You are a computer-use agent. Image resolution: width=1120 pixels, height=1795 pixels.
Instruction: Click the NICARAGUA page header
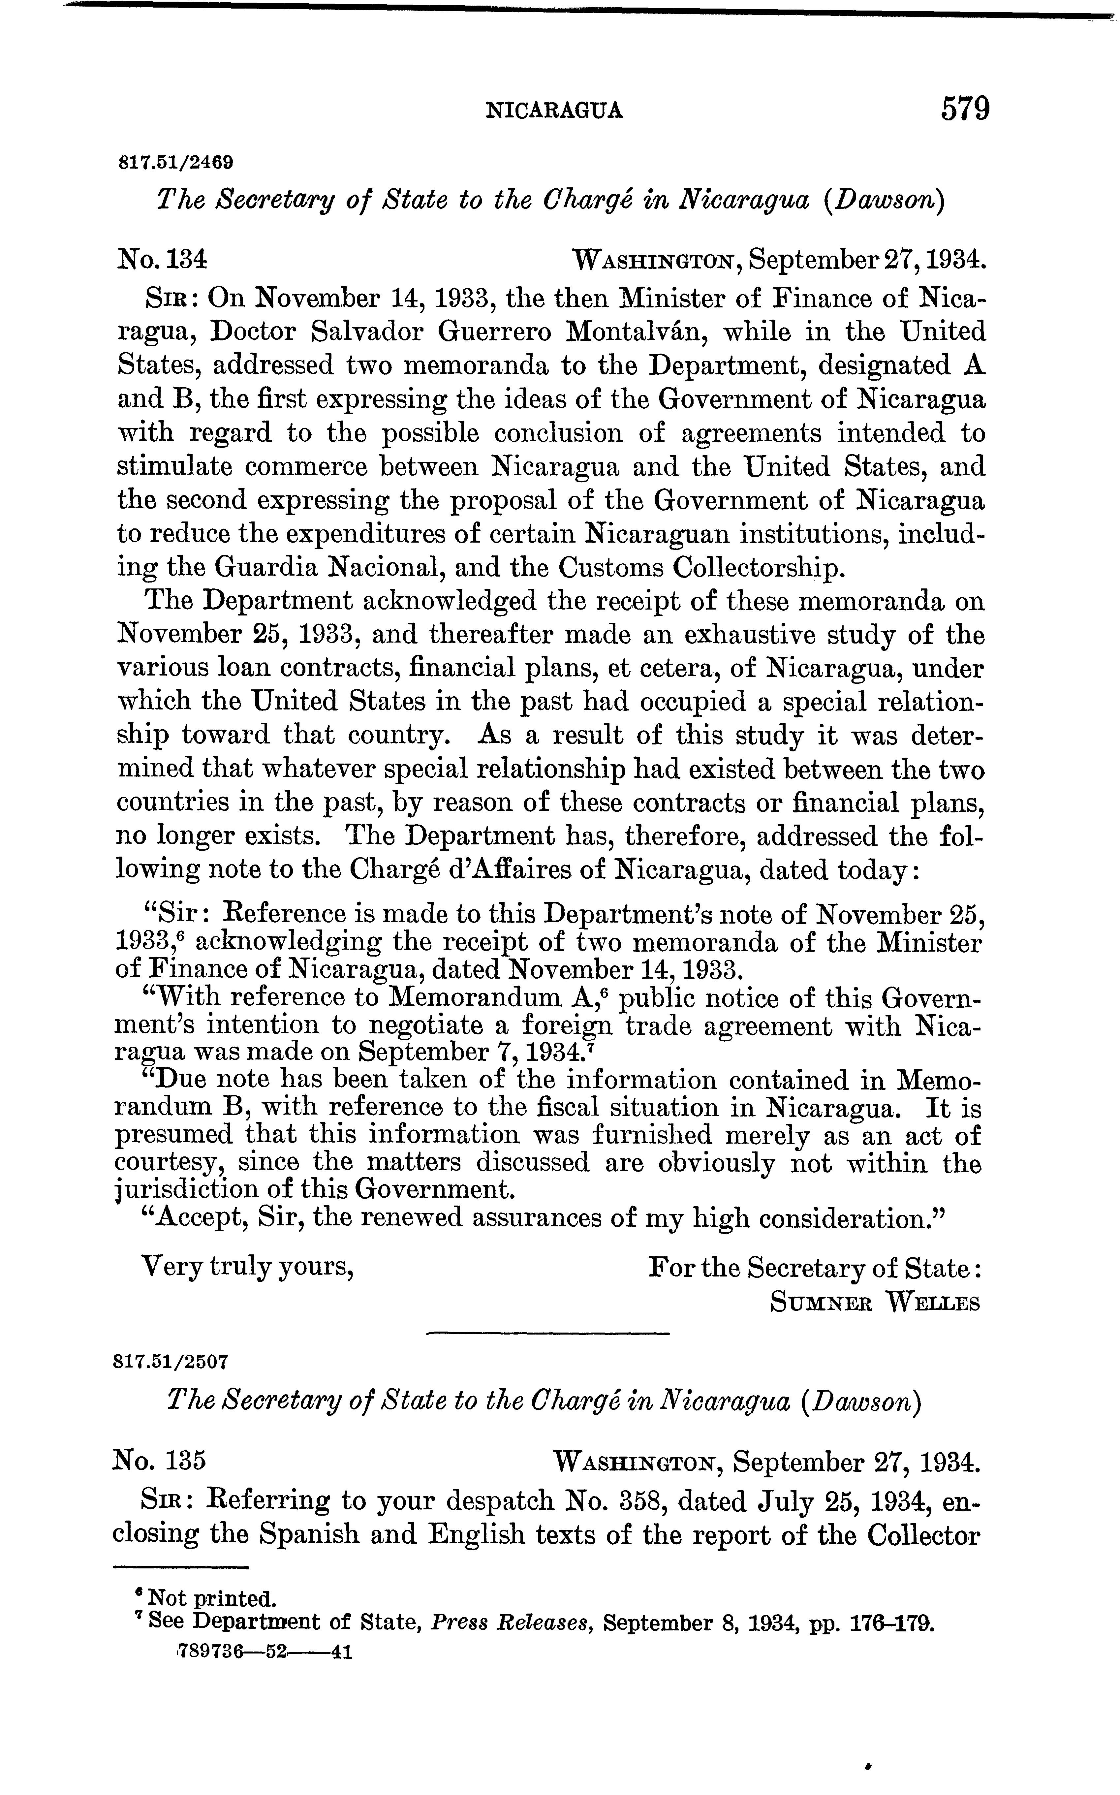pos(553,111)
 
